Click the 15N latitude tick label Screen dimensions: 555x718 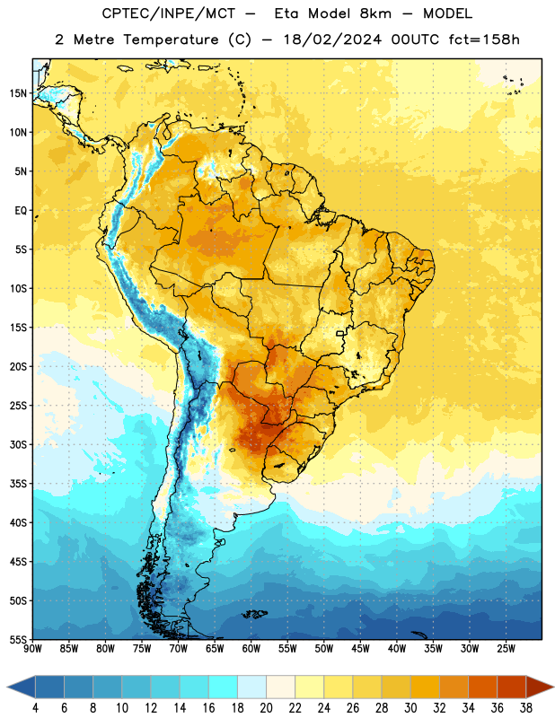pos(18,93)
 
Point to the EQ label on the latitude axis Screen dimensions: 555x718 pos(21,211)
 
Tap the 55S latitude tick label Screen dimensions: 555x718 pos(18,639)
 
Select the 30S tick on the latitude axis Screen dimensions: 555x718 pos(18,444)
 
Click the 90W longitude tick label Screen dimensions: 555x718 pos(32,649)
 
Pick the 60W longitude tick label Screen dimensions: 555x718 pos(251,649)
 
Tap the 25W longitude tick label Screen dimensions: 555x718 pos(506,649)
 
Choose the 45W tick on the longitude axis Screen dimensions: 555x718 pos(360,649)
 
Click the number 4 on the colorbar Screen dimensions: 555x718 pos(35,708)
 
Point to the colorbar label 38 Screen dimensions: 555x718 pos(526,708)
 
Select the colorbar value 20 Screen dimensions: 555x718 pos(266,708)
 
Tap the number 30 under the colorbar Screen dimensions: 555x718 pos(410,708)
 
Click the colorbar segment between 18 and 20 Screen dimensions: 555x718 pos(252,687)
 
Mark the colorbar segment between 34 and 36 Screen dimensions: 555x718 pos(482,687)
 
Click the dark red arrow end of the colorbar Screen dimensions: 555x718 pos(540,687)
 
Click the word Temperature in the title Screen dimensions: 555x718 pos(171,39)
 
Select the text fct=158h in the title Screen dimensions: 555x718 pos(484,39)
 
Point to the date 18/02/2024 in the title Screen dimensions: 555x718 pos(332,39)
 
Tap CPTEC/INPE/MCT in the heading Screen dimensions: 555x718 pos(168,13)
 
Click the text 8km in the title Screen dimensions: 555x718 pos(375,13)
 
